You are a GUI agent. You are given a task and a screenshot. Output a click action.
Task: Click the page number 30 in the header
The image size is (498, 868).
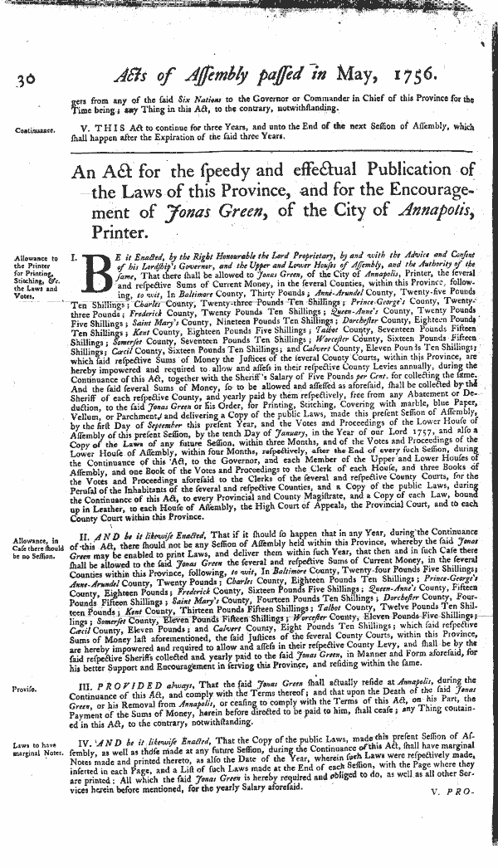click(23, 79)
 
